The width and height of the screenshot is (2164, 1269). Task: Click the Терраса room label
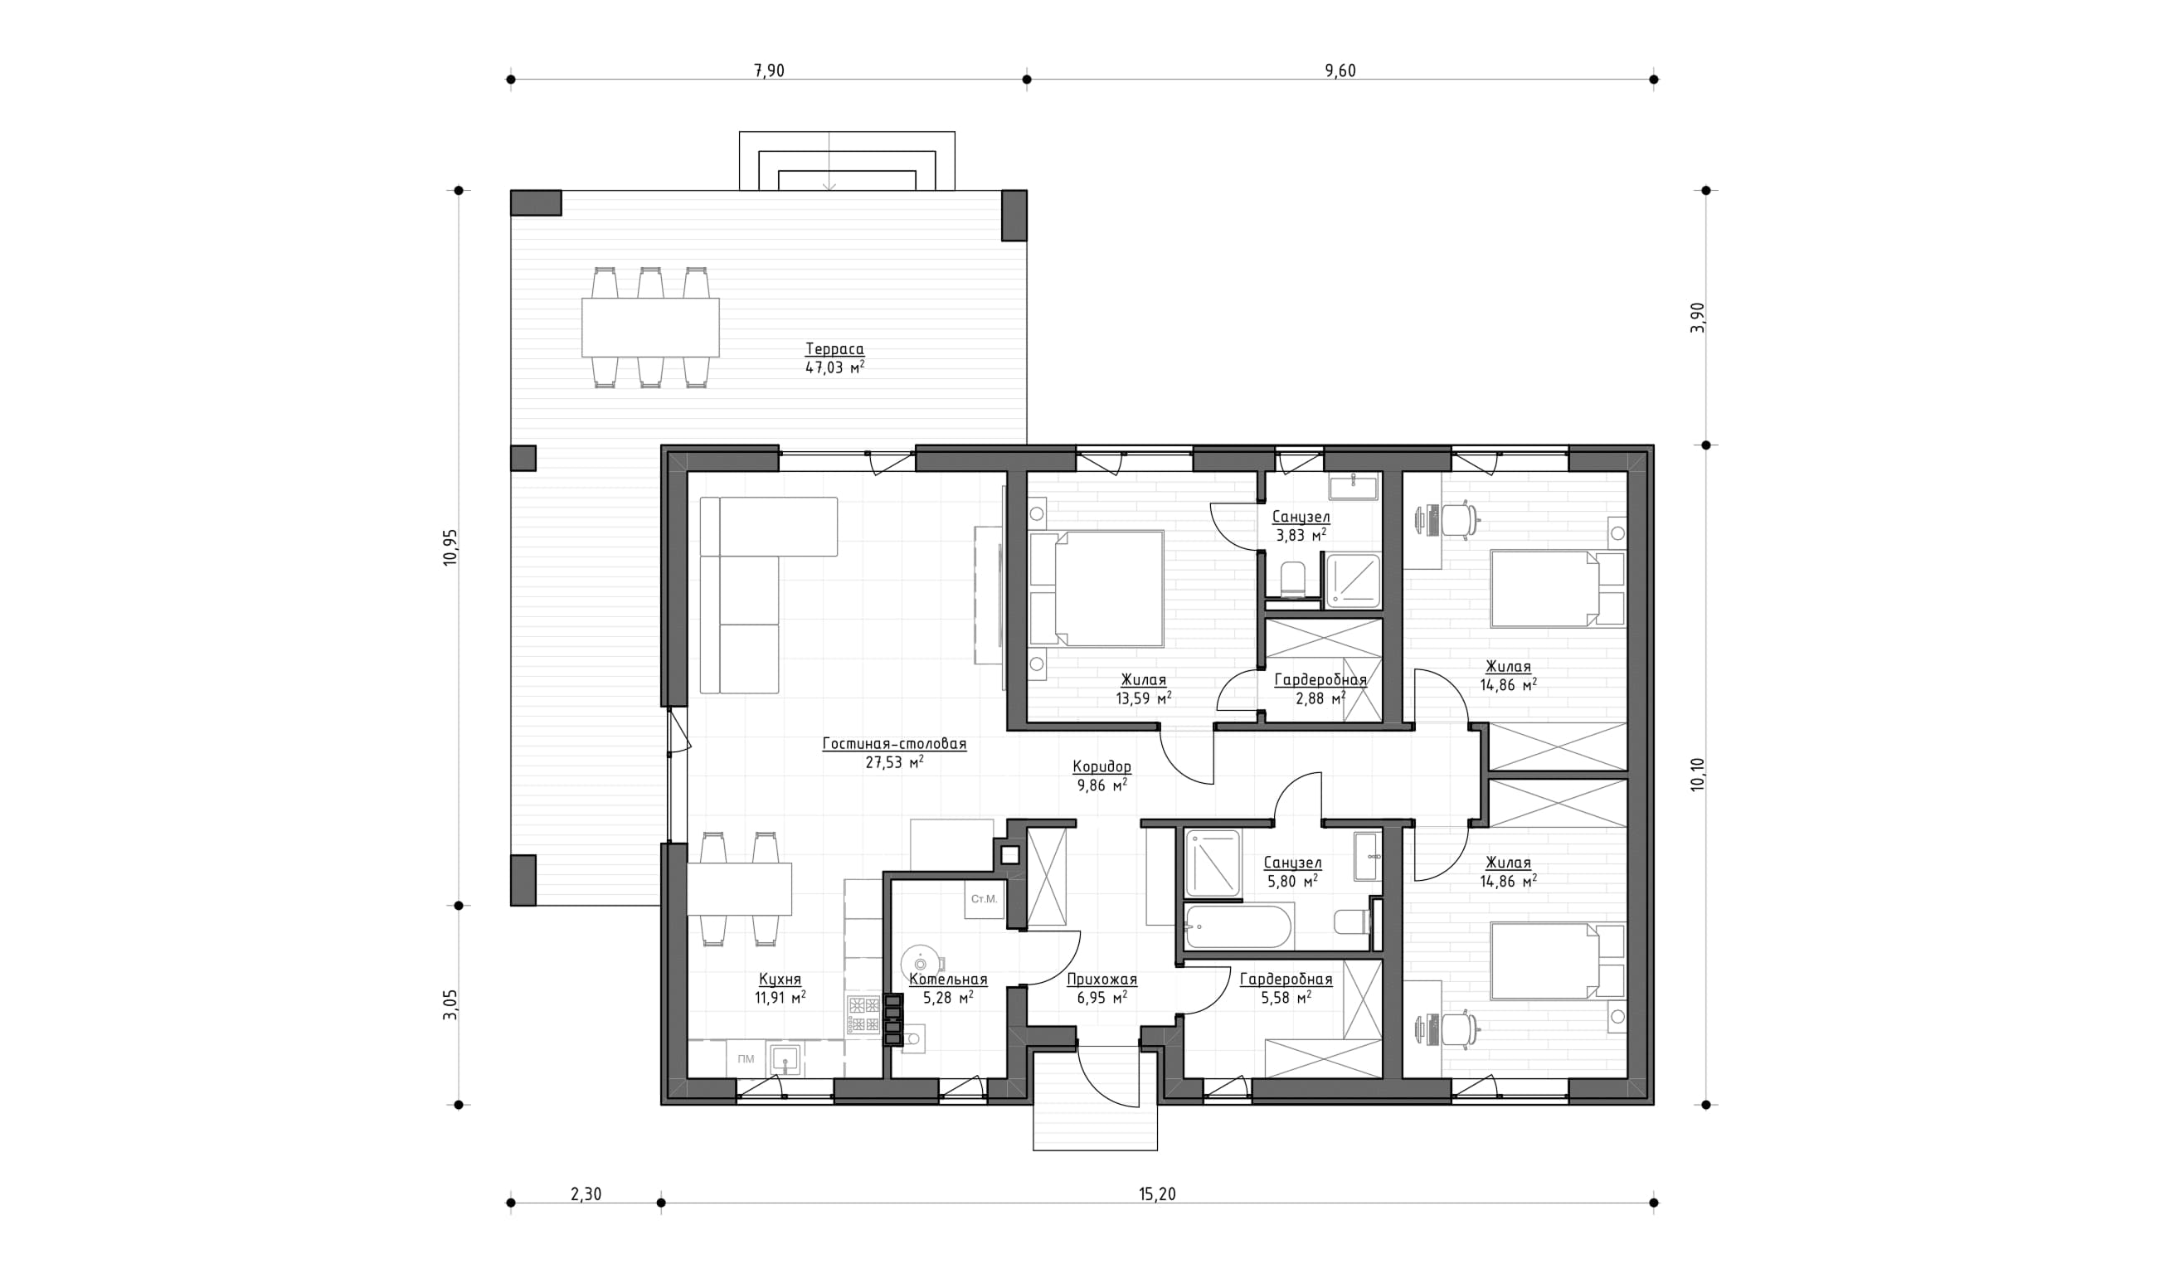click(834, 349)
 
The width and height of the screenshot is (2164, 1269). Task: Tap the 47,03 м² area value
click(834, 367)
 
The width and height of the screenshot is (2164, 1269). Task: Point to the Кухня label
click(780, 980)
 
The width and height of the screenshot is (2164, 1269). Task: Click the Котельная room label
click(948, 980)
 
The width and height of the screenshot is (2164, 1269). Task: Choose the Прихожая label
click(1101, 980)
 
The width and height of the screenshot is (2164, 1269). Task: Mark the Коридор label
click(1101, 766)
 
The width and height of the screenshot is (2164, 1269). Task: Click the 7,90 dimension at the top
click(769, 70)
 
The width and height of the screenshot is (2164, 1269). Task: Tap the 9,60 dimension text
click(1340, 70)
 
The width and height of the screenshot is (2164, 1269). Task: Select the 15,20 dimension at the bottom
click(1157, 1194)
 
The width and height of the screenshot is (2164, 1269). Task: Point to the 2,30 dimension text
click(586, 1194)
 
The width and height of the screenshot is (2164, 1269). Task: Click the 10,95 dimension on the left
click(451, 547)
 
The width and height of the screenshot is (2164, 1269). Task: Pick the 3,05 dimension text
click(451, 1004)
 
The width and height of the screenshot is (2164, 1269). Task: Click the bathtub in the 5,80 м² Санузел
click(1238, 926)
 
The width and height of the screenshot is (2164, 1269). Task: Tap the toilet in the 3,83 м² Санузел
click(1292, 580)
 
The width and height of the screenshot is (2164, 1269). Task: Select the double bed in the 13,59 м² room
click(1096, 588)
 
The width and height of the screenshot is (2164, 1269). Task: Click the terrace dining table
click(650, 327)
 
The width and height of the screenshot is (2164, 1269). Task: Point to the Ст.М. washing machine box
click(984, 900)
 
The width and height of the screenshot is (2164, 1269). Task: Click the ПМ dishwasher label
click(746, 1058)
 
